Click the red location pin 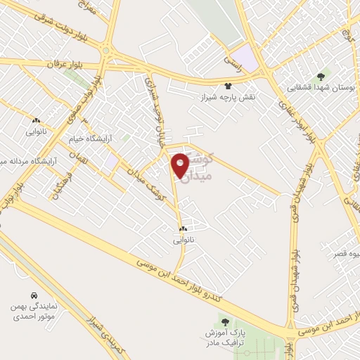[180, 165]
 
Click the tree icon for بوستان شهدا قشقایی [321, 76]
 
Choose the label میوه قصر [344, 255]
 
